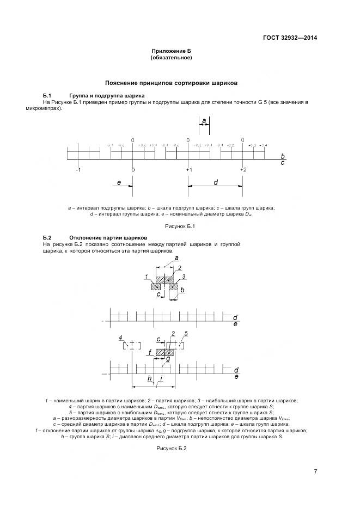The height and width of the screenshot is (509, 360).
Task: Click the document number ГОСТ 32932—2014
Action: pyautogui.click(x=289, y=38)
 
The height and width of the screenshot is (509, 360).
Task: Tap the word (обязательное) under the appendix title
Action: pyautogui.click(x=172, y=57)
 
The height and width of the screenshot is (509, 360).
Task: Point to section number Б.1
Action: pyautogui.click(x=47, y=96)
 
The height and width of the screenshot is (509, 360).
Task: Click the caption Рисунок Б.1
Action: pyautogui.click(x=172, y=226)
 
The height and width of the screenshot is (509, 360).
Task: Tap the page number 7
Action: pyautogui.click(x=315, y=471)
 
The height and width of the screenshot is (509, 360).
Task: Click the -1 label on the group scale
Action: pyautogui.click(x=78, y=170)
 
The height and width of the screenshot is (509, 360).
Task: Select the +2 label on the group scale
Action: pyautogui.click(x=243, y=170)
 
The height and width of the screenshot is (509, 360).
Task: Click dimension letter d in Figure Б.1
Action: pyautogui.click(x=216, y=182)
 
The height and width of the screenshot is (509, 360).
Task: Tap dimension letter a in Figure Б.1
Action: pyautogui.click(x=204, y=120)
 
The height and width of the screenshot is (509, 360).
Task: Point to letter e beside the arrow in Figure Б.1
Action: pyautogui.click(x=119, y=183)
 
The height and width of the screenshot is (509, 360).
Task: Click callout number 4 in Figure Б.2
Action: pyautogui.click(x=121, y=338)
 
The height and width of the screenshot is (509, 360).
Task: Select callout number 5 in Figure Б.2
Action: pyautogui.click(x=186, y=333)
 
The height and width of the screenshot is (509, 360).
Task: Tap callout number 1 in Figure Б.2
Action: pyautogui.click(x=147, y=277)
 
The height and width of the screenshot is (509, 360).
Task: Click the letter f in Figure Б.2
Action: pyautogui.click(x=149, y=353)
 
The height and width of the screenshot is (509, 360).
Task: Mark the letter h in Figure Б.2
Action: pyautogui.click(x=149, y=378)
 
